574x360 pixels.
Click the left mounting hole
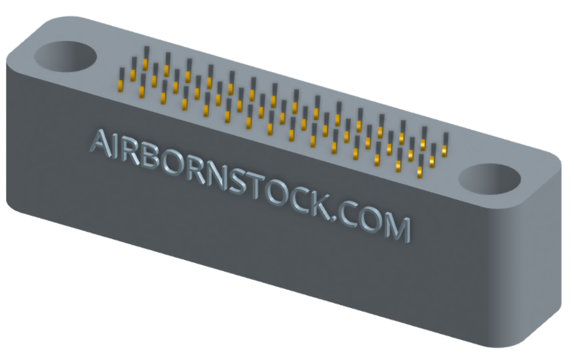coord(66,56)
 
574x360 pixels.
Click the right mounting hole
coord(489,179)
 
